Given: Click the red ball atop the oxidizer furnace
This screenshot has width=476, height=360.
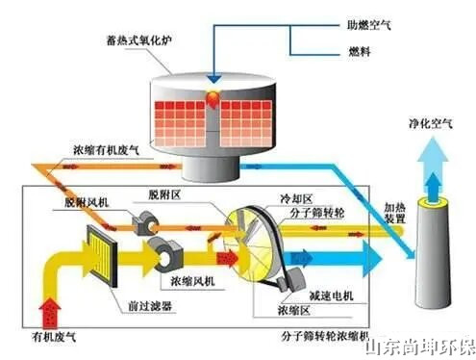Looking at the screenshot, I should [211, 100].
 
